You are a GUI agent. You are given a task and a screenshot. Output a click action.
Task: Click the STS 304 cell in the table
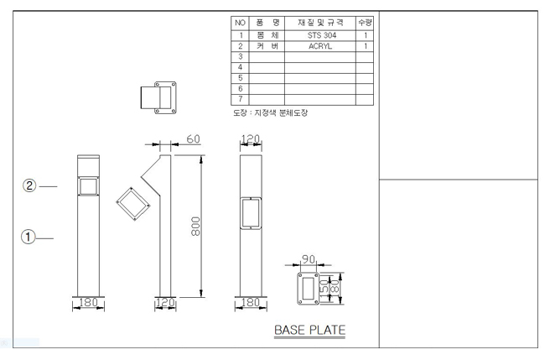(x=319, y=36)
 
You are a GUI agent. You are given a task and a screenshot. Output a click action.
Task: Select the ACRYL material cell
(x=319, y=47)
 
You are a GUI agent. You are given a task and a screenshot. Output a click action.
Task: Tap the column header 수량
(x=364, y=23)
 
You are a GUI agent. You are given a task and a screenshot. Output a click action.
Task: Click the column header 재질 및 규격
(x=319, y=23)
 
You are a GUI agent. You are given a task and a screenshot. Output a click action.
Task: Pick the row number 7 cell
(x=240, y=99)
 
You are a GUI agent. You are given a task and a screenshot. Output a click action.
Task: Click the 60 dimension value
(x=192, y=138)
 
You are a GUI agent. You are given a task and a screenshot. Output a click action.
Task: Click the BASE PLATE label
(x=309, y=330)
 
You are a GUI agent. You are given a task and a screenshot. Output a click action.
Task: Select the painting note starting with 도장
(x=269, y=113)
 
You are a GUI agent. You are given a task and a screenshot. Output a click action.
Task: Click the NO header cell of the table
(x=240, y=23)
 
